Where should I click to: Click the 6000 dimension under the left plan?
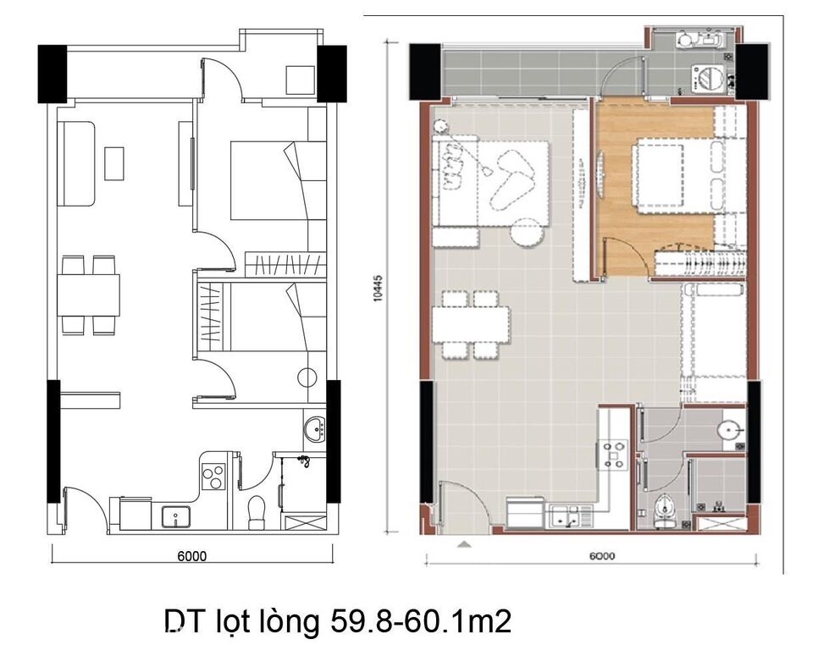click(192, 556)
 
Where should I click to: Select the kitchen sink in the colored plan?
click(566, 513)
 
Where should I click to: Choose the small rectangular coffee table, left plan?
click(114, 163)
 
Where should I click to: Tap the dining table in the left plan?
click(89, 294)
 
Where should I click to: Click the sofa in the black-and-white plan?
click(75, 163)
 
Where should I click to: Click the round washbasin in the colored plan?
click(728, 432)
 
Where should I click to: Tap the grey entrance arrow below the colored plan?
click(462, 546)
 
